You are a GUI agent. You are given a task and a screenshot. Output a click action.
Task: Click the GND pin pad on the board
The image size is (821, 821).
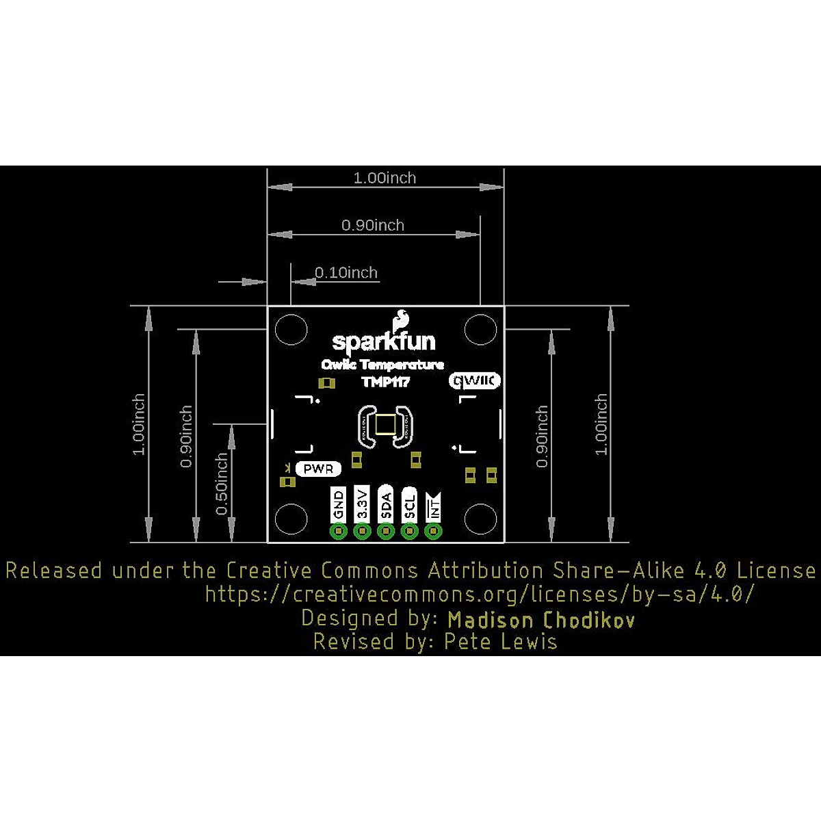pos(338,532)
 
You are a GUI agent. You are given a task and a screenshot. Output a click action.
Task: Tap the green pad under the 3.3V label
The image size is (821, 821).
pos(362,532)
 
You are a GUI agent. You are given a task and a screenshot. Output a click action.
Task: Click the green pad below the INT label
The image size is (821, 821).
pos(433,532)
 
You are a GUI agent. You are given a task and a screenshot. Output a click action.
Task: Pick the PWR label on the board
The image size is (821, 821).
pos(318,469)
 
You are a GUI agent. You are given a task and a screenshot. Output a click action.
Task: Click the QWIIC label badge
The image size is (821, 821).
pos(475,380)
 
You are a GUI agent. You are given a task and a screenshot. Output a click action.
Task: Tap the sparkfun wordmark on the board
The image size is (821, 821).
pos(383,341)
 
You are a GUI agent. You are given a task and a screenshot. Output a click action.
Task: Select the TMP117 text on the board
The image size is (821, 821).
pos(385,382)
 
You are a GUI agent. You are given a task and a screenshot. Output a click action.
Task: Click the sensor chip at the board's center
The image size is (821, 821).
pos(385,425)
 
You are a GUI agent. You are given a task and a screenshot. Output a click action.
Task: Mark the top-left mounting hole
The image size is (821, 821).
pos(291,330)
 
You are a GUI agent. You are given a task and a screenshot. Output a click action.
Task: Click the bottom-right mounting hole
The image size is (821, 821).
pos(480,518)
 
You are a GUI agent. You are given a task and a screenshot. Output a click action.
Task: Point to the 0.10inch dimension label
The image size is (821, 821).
pos(346,273)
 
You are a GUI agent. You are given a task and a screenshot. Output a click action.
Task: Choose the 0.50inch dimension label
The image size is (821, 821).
pos(222,483)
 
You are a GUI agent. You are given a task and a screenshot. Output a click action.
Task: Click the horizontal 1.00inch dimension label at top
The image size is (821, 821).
pos(385,179)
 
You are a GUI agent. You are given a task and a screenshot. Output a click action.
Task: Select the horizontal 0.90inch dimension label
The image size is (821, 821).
pos(373,225)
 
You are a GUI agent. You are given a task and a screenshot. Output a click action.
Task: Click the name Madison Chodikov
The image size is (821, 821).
pos(541,620)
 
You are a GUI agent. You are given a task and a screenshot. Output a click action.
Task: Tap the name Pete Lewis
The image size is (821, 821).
pos(501,642)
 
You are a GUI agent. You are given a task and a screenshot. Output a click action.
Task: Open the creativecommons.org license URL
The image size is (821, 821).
pos(479,594)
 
